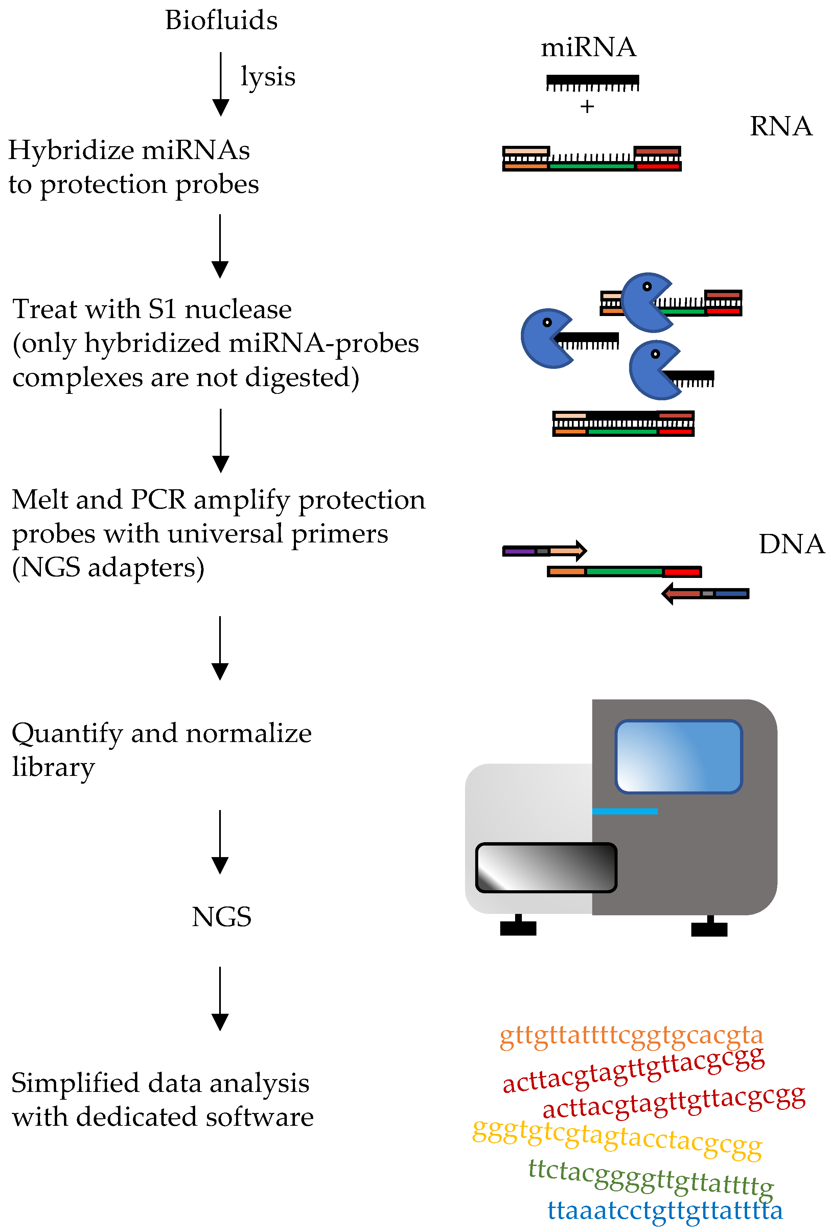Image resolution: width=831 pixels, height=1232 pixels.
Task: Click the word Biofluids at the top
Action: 221,21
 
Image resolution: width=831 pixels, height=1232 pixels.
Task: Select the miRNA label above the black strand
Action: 588,48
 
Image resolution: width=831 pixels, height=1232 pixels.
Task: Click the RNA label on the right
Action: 781,126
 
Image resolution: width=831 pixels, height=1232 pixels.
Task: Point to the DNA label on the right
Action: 791,544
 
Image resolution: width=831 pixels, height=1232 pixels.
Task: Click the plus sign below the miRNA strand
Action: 587,107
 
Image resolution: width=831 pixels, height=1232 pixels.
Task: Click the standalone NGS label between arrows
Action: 222,917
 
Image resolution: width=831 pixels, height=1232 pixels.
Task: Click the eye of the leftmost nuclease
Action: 548,322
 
